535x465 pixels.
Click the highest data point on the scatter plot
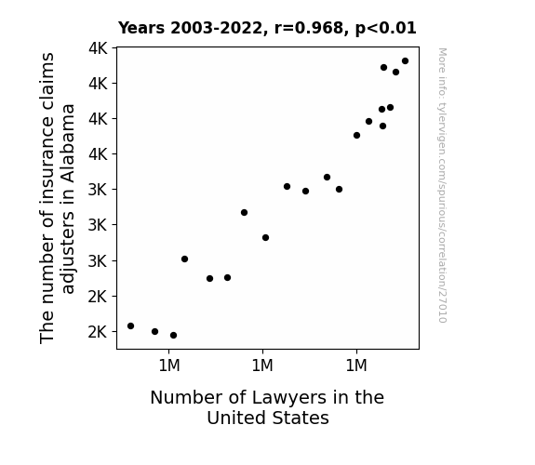pos(405,61)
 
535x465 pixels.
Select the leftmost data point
pos(130,325)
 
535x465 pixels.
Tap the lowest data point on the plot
pos(173,335)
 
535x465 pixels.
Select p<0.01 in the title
pos(386,28)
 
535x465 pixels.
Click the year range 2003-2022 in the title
pos(216,28)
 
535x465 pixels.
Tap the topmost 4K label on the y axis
pos(98,48)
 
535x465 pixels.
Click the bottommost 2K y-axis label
pos(98,332)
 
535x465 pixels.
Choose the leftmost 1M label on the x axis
pos(169,365)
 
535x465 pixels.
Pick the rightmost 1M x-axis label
pos(356,365)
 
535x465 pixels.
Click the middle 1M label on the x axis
pos(262,365)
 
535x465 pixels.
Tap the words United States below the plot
pos(268,418)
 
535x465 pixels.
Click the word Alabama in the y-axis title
pos(68,143)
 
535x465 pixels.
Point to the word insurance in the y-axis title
pos(47,160)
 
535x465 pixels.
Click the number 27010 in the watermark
pos(443,306)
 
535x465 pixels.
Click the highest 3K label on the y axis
pos(98,190)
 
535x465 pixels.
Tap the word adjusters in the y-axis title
pos(68,252)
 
